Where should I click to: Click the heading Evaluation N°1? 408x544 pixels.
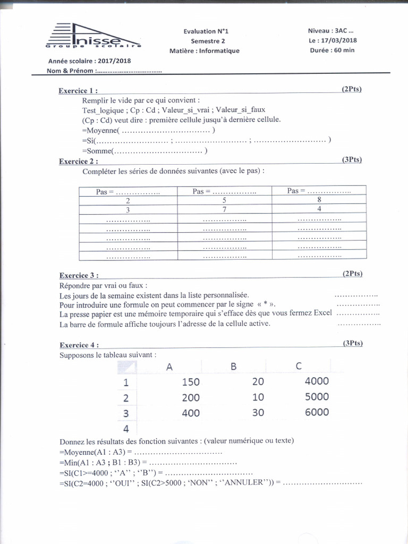(205, 31)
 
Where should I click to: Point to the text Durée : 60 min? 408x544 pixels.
(332, 50)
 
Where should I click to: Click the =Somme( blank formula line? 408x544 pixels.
(144, 151)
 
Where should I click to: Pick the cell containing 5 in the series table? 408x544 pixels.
(224, 200)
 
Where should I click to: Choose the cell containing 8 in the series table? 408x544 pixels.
(319, 200)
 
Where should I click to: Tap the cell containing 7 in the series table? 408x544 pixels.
(224, 209)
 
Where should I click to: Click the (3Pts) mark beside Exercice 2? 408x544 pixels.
(352, 159)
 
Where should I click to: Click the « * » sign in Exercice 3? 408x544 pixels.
(262, 304)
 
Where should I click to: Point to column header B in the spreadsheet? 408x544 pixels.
(233, 366)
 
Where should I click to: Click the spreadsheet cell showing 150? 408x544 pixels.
(191, 381)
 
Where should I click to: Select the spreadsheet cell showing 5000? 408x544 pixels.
(317, 397)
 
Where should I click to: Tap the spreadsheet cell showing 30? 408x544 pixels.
(258, 413)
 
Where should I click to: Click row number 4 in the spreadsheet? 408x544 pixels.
(126, 428)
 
